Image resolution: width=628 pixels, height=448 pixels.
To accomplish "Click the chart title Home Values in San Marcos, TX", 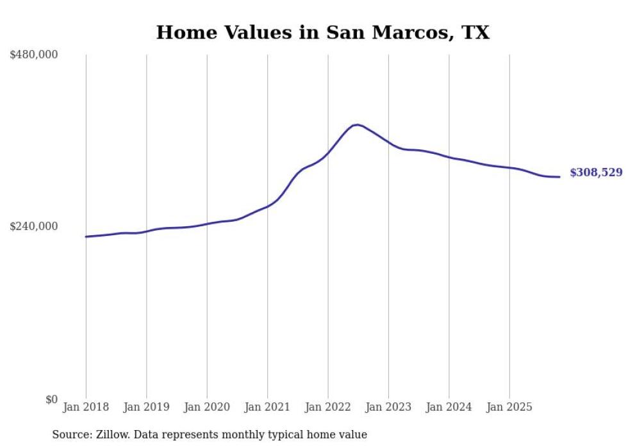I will pyautogui.click(x=322, y=33).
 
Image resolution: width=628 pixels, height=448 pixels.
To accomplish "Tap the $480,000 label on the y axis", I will pyautogui.click(x=33, y=55).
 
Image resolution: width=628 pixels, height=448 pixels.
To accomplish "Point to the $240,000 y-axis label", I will pyautogui.click(x=33, y=226).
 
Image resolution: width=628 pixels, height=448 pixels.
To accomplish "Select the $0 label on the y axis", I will pyautogui.click(x=51, y=399).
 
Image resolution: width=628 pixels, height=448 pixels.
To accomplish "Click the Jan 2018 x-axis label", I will pyautogui.click(x=86, y=407).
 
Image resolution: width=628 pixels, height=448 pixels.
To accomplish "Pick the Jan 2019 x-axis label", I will pyautogui.click(x=146, y=407).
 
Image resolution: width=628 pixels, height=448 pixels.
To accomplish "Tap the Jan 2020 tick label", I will pyautogui.click(x=207, y=407).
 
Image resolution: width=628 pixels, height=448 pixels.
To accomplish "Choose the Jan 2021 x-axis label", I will pyautogui.click(x=267, y=407).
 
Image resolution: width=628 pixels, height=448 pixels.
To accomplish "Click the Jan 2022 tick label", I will pyautogui.click(x=328, y=407).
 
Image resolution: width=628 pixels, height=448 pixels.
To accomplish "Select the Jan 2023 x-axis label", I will pyautogui.click(x=388, y=407).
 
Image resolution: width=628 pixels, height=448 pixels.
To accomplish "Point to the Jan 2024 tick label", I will pyautogui.click(x=449, y=407).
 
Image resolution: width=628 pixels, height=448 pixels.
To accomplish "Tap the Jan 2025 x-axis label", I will pyautogui.click(x=509, y=407).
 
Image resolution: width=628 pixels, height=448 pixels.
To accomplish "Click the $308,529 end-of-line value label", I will pyautogui.click(x=596, y=172).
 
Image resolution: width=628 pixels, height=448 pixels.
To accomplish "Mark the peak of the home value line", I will pyautogui.click(x=358, y=124).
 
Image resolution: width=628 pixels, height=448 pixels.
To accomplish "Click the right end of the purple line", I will pyautogui.click(x=560, y=177).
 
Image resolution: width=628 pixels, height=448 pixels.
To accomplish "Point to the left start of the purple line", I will pyautogui.click(x=86, y=236).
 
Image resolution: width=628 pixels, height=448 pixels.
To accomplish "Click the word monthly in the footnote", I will pyautogui.click(x=248, y=435).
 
